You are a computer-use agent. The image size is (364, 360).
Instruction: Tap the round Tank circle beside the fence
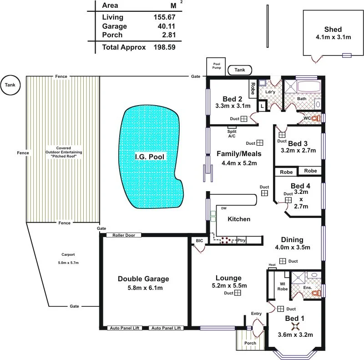click(x=10, y=85)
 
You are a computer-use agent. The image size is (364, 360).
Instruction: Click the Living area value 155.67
click(x=164, y=17)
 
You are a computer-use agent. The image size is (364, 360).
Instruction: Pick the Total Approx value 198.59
click(x=164, y=47)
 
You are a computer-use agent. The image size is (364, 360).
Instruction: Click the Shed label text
click(x=333, y=30)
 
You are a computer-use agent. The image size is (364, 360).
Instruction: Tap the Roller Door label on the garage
click(x=123, y=235)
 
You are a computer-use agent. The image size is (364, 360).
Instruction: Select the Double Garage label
click(x=143, y=279)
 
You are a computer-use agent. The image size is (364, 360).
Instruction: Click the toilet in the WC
click(x=317, y=118)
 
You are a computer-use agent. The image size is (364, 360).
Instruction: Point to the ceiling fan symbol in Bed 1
click(x=295, y=326)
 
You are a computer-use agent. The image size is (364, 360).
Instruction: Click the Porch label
click(x=250, y=343)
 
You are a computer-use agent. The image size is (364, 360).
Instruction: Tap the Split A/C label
click(x=232, y=133)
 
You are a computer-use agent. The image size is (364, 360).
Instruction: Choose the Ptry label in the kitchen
click(x=241, y=240)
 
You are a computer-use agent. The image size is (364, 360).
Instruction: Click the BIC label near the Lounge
click(x=199, y=240)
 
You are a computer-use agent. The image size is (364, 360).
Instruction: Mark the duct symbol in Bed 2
click(x=244, y=119)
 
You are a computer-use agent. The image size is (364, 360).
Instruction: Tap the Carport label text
click(x=68, y=254)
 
